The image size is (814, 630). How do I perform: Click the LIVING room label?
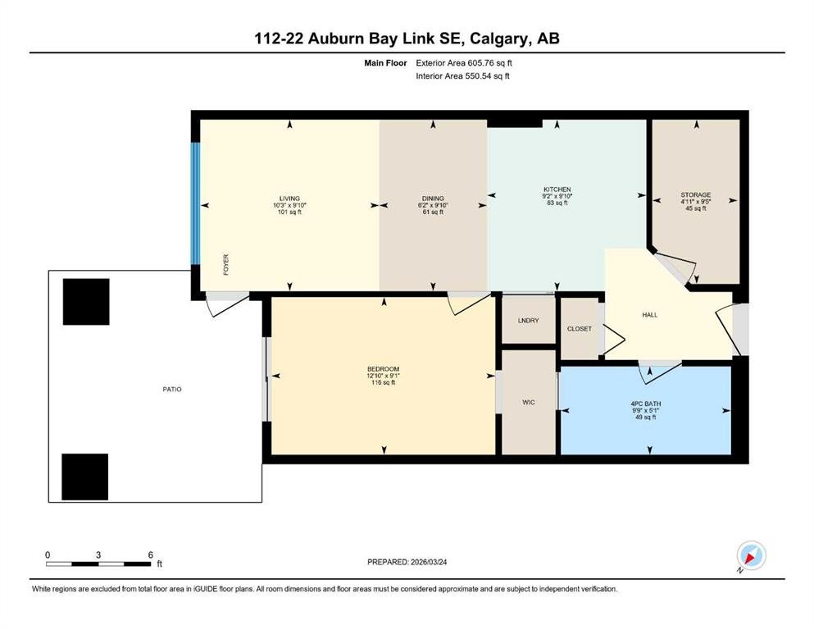click(x=289, y=199)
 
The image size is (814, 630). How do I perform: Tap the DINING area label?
click(x=433, y=199)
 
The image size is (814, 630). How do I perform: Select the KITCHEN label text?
click(x=557, y=189)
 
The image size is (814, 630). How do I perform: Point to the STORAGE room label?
click(x=696, y=194)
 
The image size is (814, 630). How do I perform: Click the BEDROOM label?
click(x=383, y=369)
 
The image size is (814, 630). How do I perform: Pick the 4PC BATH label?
click(x=646, y=404)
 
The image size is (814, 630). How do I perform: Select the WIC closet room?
click(x=529, y=402)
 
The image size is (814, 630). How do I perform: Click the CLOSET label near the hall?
click(x=580, y=329)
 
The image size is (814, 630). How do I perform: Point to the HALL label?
click(x=649, y=315)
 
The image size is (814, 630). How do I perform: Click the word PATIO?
click(x=172, y=389)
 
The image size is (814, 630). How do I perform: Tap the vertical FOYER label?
click(x=225, y=264)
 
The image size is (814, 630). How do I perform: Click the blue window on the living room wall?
click(x=195, y=203)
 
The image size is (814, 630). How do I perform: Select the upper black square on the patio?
click(x=86, y=302)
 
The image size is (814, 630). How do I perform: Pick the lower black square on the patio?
click(x=85, y=477)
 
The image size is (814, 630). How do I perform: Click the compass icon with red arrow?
click(x=751, y=555)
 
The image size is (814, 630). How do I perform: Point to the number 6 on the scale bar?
click(x=151, y=555)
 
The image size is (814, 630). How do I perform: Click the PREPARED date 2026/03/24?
click(x=428, y=562)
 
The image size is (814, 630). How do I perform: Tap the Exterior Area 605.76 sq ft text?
click(x=464, y=63)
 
